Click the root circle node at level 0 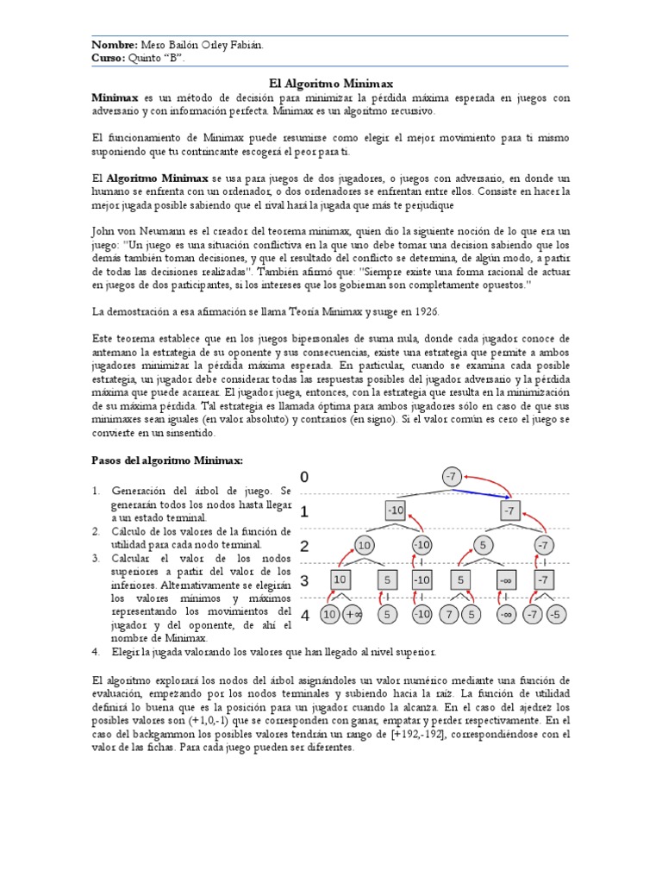coord(452,476)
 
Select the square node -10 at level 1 coord(396,510)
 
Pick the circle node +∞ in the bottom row coord(353,615)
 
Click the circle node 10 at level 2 coord(364,546)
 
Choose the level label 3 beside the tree coord(304,581)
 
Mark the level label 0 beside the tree coord(303,477)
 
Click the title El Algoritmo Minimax coord(331,83)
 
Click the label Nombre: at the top coord(114,45)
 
